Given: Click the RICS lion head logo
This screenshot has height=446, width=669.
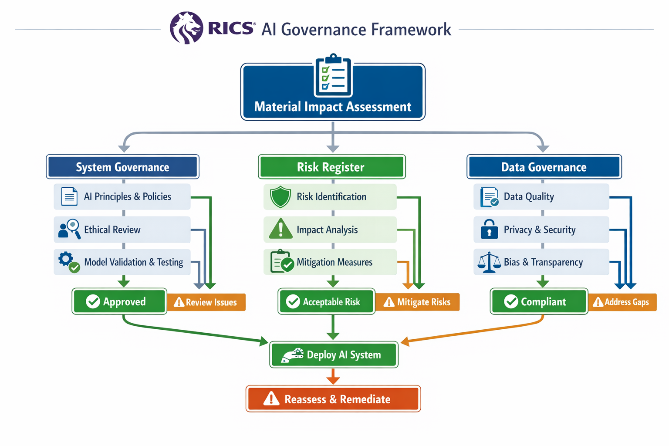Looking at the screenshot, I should click(x=186, y=28).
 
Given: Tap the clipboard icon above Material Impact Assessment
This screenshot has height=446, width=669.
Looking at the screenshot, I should click(x=333, y=76).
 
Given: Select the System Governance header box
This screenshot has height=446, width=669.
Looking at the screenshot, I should click(x=122, y=167).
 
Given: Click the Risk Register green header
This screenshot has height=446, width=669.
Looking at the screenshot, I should click(x=331, y=167).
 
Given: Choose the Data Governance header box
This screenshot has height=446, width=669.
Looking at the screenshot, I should click(x=544, y=167).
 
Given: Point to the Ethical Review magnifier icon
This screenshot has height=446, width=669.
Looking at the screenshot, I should click(x=69, y=229).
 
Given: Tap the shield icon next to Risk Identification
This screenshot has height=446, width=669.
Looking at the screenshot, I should click(x=280, y=197).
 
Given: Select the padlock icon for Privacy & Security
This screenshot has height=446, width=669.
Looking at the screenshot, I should click(x=489, y=229).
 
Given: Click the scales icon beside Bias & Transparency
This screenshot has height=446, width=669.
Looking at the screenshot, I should click(x=489, y=262).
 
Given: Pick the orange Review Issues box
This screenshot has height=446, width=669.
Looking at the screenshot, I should click(x=206, y=302).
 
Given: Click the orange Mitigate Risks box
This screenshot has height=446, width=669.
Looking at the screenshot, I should click(x=417, y=302).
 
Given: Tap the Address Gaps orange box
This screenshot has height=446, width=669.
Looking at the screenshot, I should click(x=622, y=302).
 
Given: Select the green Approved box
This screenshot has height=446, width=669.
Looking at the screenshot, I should click(x=119, y=301).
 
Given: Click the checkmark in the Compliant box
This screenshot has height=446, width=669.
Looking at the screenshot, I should click(x=511, y=301).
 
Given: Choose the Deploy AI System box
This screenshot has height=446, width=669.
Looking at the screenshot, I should click(x=334, y=355).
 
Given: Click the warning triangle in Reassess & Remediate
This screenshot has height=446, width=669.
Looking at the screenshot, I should click(x=271, y=399).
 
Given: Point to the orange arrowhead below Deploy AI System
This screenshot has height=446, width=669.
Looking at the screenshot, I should click(x=333, y=380).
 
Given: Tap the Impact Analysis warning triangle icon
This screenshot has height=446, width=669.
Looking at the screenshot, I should click(x=280, y=229).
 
